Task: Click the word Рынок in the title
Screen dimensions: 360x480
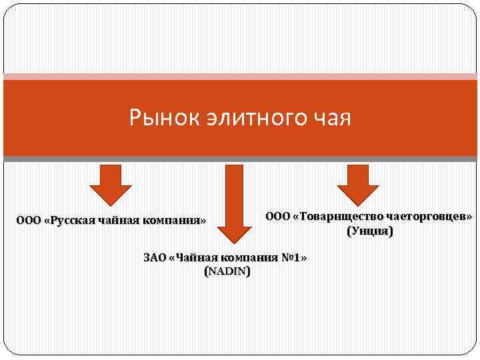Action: [x=155, y=119]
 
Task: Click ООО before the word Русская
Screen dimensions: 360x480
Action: [x=29, y=220]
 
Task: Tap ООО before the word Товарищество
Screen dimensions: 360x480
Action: [x=278, y=216]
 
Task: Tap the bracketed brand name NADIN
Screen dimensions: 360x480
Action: [x=228, y=272]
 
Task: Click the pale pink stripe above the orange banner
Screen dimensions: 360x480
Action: [x=240, y=77]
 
